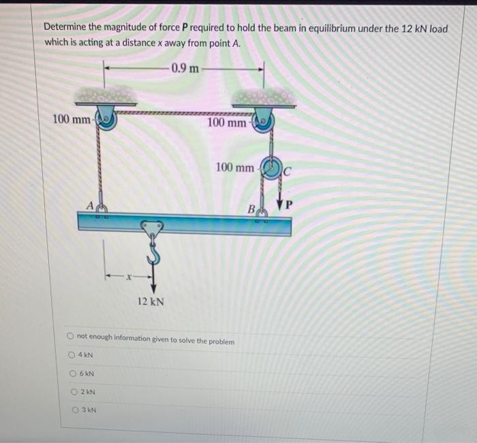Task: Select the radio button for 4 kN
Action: [x=72, y=355]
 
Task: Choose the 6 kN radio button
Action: [x=73, y=374]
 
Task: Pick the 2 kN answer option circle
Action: [x=74, y=392]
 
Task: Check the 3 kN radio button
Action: [x=75, y=410]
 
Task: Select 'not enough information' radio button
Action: [x=70, y=336]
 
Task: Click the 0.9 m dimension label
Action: [x=185, y=68]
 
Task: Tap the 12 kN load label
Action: [x=151, y=301]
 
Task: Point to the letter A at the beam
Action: [x=90, y=206]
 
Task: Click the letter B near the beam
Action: [x=251, y=209]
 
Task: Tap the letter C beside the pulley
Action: [x=287, y=172]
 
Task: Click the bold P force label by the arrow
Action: [x=289, y=205]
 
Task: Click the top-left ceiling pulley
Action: [x=105, y=120]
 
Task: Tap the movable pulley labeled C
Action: [x=272, y=168]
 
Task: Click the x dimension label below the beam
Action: [x=129, y=276]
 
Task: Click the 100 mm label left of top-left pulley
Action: [x=72, y=119]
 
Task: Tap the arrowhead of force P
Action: [x=280, y=203]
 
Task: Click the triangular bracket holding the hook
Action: [x=152, y=229]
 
